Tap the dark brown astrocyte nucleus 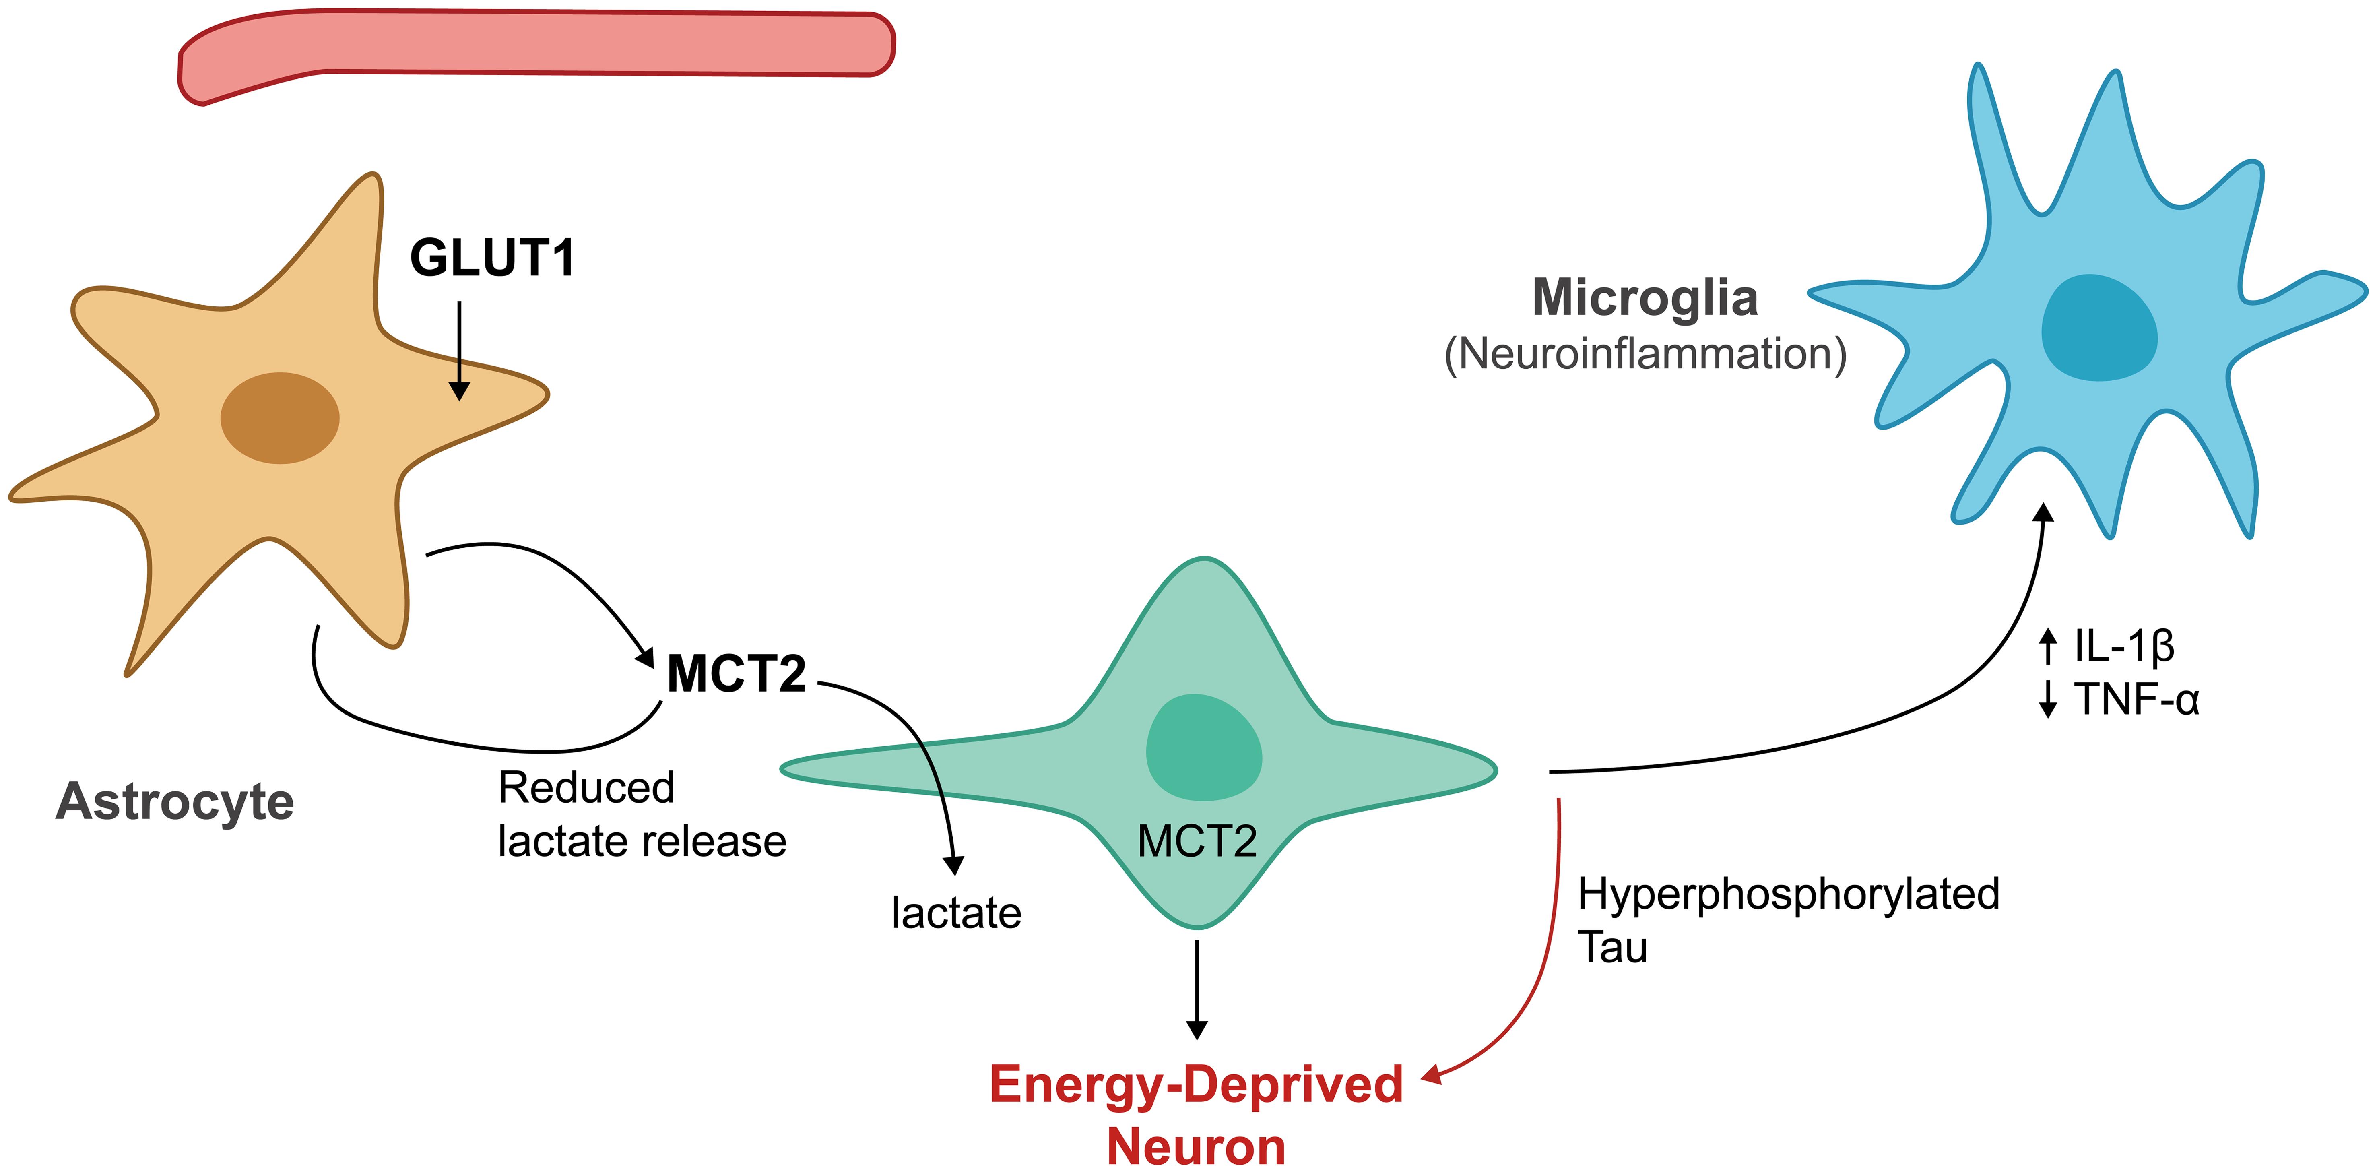pos(280,418)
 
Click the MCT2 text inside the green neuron pos(1197,841)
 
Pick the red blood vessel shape pos(535,44)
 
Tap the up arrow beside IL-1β pos(2048,646)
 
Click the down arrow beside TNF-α pos(2048,699)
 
